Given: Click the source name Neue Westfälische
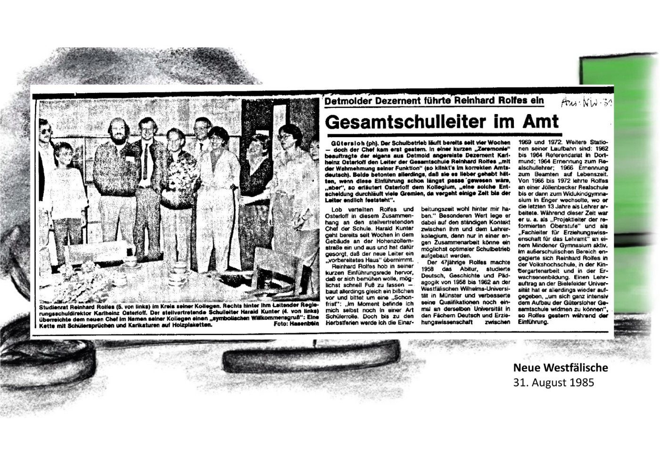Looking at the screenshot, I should pyautogui.click(x=561, y=368).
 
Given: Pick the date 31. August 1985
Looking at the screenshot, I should pyautogui.click(x=553, y=382).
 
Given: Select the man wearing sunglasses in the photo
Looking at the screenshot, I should pyautogui.click(x=44, y=132).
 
